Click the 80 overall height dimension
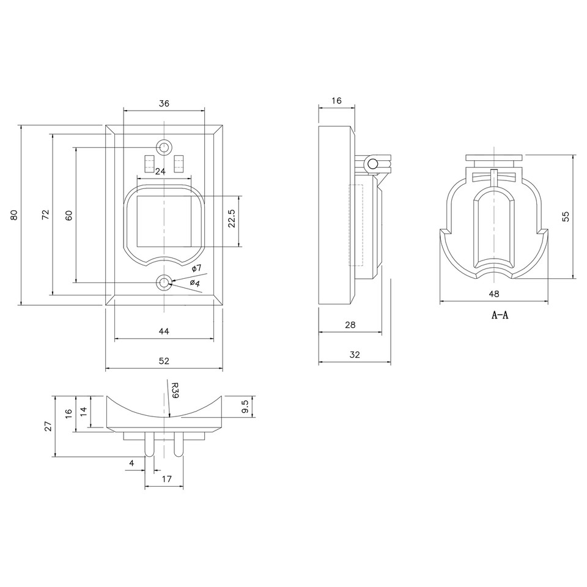[x=13, y=215]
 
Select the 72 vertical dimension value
[x=45, y=215]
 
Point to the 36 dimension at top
[x=164, y=103]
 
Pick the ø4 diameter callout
[x=195, y=282]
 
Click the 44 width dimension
[x=164, y=331]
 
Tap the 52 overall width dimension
[x=164, y=361]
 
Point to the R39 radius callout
[x=174, y=390]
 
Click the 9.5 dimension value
[x=245, y=407]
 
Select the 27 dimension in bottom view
[x=48, y=426]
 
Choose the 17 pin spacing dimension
[x=164, y=479]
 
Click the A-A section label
[x=500, y=316]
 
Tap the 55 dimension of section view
[x=566, y=216]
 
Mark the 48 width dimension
[x=494, y=294]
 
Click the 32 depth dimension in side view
[x=354, y=354]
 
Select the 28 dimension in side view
[x=350, y=325]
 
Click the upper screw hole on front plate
[x=164, y=148]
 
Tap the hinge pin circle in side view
[x=371, y=163]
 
